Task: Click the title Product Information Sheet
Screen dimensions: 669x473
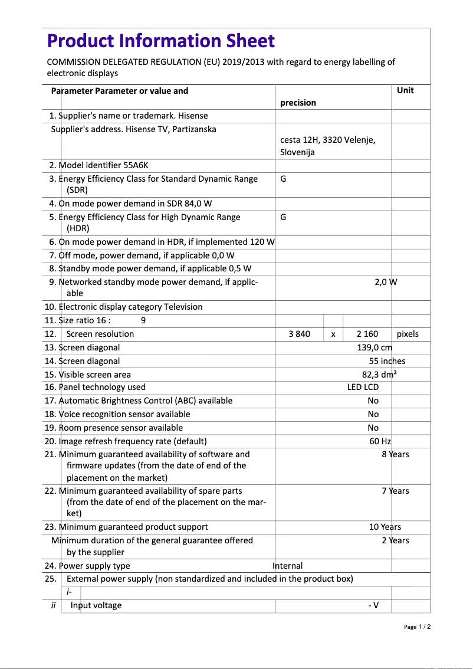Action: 160,41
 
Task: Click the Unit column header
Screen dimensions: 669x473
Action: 405,90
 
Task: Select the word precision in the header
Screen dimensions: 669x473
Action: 298,103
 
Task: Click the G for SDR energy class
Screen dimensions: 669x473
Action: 283,179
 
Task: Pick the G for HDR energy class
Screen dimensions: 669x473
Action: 283,217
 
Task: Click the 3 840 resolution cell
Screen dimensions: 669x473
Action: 299,334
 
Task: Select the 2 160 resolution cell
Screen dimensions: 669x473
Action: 367,334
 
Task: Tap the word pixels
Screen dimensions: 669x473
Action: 408,334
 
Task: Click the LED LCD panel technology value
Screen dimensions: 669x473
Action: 363,387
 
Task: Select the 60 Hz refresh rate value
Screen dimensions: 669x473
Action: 380,441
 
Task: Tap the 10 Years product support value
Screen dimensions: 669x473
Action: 385,527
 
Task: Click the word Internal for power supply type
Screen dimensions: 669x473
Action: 288,566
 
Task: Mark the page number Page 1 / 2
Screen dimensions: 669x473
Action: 417,627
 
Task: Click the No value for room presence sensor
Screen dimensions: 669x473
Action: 373,428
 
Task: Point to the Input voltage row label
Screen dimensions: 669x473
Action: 96,605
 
